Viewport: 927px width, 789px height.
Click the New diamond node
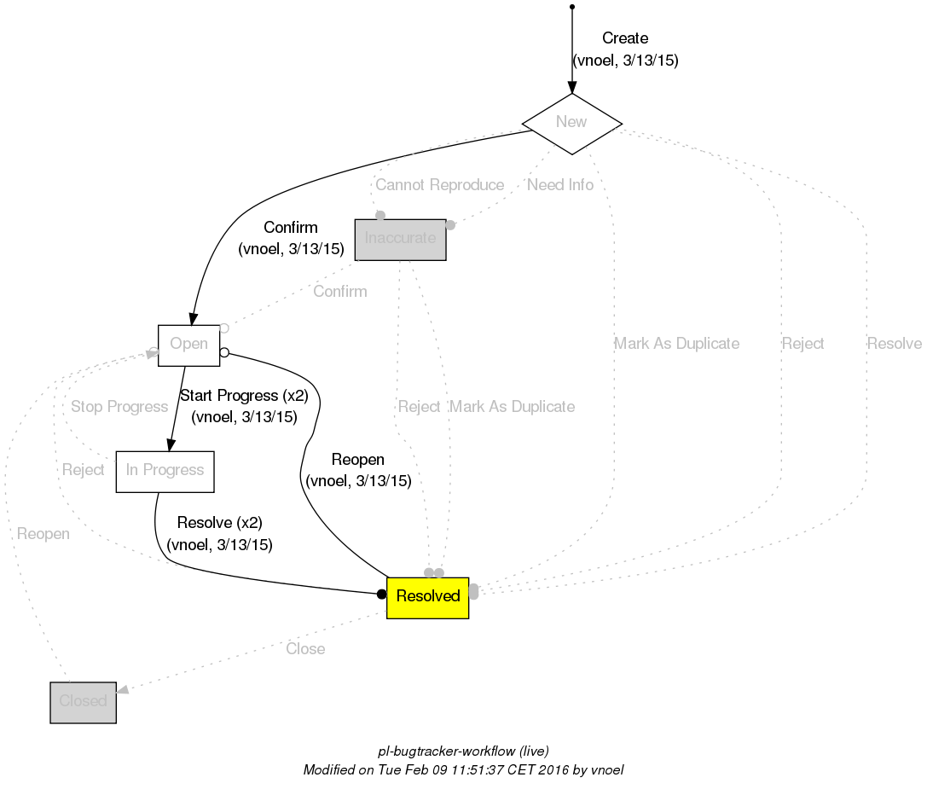pyautogui.click(x=571, y=122)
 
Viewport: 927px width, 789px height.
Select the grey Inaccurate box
pyautogui.click(x=400, y=239)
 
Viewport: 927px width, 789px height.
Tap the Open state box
pyautogui.click(x=188, y=345)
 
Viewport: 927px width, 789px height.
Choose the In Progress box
pyautogui.click(x=165, y=471)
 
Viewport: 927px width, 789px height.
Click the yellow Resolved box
pyautogui.click(x=427, y=596)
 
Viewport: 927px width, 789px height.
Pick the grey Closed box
pyautogui.click(x=83, y=702)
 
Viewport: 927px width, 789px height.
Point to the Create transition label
pyautogui.click(x=625, y=38)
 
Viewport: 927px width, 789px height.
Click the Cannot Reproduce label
pyautogui.click(x=439, y=185)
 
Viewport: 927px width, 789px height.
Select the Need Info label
pyautogui.click(x=560, y=185)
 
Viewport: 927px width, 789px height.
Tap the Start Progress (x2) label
pyautogui.click(x=243, y=396)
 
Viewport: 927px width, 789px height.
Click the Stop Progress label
pyautogui.click(x=119, y=407)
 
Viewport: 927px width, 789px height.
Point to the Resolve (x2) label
pyautogui.click(x=219, y=523)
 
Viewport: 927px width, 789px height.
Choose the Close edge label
pyautogui.click(x=305, y=649)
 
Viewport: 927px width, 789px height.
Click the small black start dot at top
pyautogui.click(x=571, y=7)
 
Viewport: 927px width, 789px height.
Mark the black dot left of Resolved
pyautogui.click(x=382, y=594)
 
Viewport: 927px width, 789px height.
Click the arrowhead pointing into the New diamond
pyautogui.click(x=571, y=88)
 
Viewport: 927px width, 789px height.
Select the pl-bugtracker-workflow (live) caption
pyautogui.click(x=463, y=751)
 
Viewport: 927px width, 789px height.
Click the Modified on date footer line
pyautogui.click(x=463, y=770)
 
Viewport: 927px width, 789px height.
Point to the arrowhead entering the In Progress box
pyautogui.click(x=171, y=444)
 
